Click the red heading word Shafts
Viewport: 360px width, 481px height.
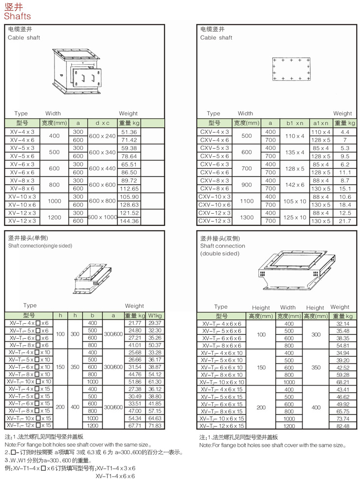pos(18,16)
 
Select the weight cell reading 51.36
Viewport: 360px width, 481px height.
pos(129,132)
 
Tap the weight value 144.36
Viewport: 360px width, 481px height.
pos(129,221)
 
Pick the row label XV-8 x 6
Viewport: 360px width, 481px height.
pos(22,188)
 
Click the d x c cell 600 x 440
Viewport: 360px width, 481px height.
pos(103,168)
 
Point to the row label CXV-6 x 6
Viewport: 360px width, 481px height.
pos(215,172)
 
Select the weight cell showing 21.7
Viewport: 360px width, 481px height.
pos(345,221)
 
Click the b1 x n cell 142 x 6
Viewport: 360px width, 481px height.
pos(295,185)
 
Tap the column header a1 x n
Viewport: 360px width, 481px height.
pos(321,123)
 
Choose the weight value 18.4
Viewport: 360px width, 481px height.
pos(345,204)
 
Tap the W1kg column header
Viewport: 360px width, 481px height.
pos(155,315)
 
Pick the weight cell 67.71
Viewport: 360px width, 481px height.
pos(134,425)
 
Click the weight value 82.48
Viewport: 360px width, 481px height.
pos(342,426)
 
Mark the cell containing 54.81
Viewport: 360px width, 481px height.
pos(342,345)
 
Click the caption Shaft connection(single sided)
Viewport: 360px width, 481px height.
pos(40,246)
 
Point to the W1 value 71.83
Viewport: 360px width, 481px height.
pos(155,425)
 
